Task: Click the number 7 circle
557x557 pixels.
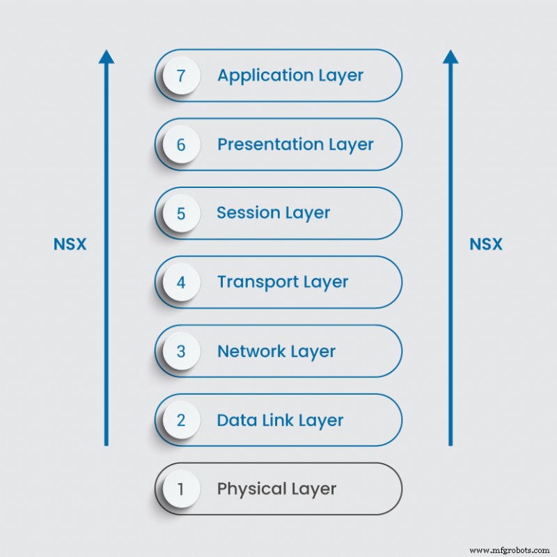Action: click(181, 75)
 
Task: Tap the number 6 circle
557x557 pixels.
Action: click(181, 145)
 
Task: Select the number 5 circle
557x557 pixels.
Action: click(181, 213)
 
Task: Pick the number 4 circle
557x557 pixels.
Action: click(181, 283)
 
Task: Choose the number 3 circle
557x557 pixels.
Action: click(181, 352)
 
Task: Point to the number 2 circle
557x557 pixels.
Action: click(181, 421)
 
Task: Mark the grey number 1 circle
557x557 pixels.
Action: click(181, 489)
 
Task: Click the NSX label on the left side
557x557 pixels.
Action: click(70, 244)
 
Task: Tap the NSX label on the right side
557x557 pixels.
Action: click(485, 244)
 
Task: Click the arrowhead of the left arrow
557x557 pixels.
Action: click(107, 56)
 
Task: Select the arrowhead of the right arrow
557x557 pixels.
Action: click(450, 56)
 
